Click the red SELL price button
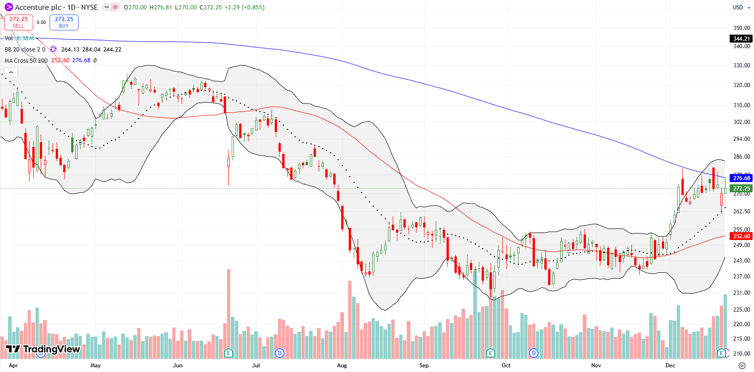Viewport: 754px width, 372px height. point(19,22)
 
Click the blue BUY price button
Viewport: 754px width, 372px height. point(64,22)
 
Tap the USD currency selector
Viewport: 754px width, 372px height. point(741,7)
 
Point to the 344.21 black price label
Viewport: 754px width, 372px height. point(741,39)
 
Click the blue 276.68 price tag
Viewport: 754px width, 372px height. point(741,178)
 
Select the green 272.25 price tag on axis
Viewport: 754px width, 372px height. point(741,189)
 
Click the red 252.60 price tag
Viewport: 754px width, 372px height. point(741,236)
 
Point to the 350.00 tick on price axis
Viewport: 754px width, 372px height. point(741,28)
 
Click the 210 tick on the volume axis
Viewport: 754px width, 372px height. point(741,353)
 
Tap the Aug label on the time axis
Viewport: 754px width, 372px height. point(342,365)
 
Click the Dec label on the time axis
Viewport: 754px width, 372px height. point(670,365)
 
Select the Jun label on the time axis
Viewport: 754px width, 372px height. point(177,365)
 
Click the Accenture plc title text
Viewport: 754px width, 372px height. point(38,7)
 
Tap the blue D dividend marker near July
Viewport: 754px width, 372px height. point(279,353)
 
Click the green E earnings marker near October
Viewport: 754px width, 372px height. point(490,353)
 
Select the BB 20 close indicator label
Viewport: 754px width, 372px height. point(25,49)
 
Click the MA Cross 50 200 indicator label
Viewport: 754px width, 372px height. point(26,60)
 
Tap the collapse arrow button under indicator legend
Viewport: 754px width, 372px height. point(11,72)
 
